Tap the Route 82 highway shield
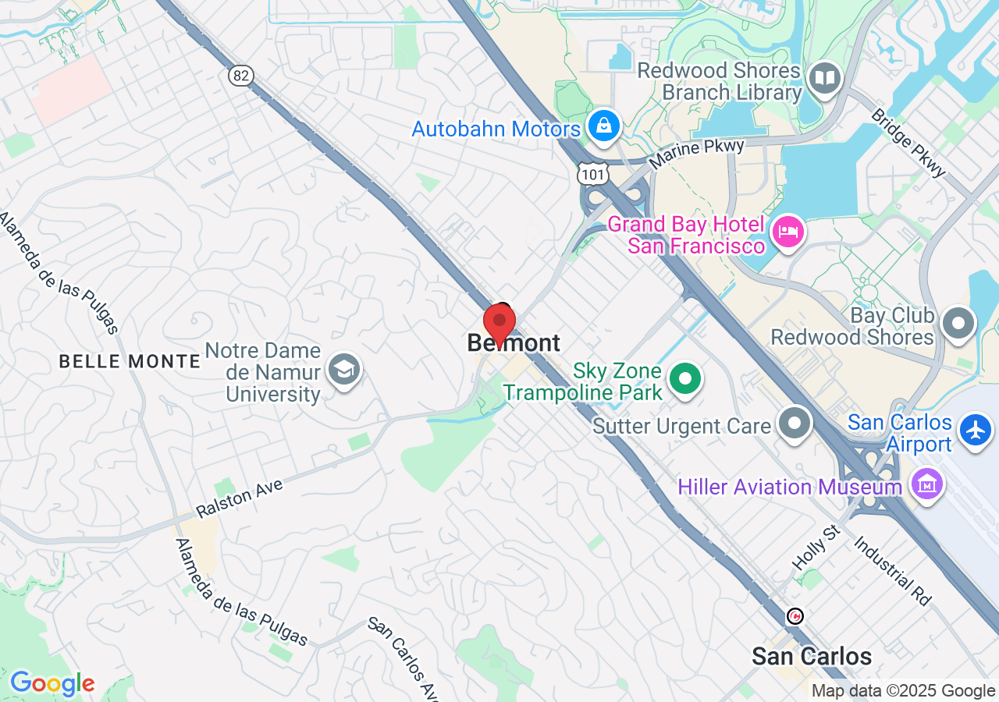point(242,75)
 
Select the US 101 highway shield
point(593,173)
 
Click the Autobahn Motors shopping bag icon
point(603,125)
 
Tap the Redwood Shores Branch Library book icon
point(824,79)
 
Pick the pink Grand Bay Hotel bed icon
point(787,232)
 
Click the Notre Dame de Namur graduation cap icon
point(343,368)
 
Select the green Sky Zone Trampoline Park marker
point(686,380)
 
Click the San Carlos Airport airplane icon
point(976,430)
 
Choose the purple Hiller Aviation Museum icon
point(926,485)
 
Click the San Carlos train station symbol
point(795,616)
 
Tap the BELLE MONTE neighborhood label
point(130,361)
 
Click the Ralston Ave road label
point(240,498)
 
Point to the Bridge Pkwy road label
point(908,143)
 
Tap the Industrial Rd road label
point(893,571)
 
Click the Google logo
point(52,684)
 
